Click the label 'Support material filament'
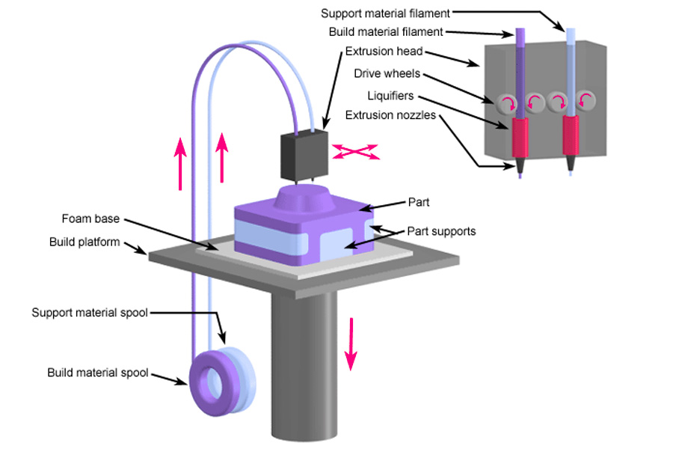[x=384, y=13]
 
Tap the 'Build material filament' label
[x=386, y=32]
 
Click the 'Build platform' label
[x=84, y=242]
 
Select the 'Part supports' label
[x=441, y=231]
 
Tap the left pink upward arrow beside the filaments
[x=180, y=166]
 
